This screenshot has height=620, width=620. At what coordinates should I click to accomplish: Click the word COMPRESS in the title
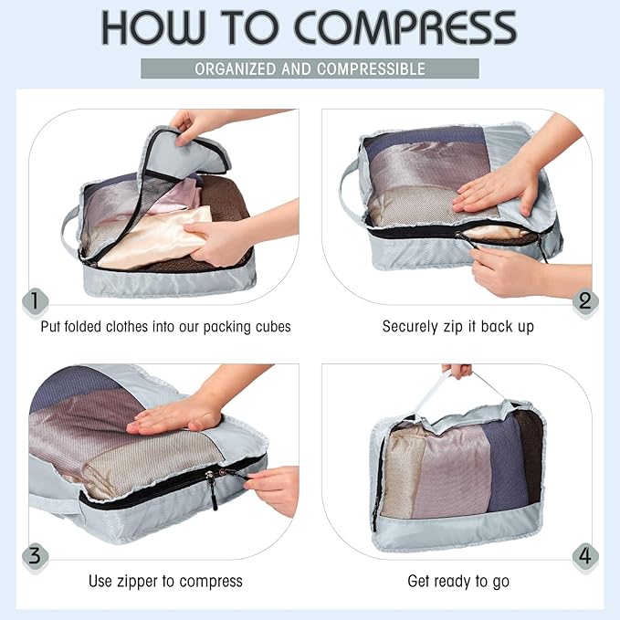pyautogui.click(x=405, y=28)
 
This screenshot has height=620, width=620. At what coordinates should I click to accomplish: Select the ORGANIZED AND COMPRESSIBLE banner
pyautogui.click(x=310, y=69)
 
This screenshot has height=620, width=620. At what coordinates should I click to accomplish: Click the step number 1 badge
pyautogui.click(x=35, y=301)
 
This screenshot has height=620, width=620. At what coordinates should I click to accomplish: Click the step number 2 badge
pyautogui.click(x=584, y=301)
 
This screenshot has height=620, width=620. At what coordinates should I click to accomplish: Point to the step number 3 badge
pyautogui.click(x=35, y=556)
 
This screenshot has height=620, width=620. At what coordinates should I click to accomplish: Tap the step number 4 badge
pyautogui.click(x=584, y=556)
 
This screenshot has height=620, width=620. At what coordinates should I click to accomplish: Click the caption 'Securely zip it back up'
pyautogui.click(x=457, y=327)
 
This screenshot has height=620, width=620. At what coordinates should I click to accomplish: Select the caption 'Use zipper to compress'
pyautogui.click(x=165, y=581)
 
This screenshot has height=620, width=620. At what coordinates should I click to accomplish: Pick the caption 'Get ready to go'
pyautogui.click(x=457, y=581)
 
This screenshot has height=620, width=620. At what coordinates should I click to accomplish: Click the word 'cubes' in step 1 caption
pyautogui.click(x=269, y=327)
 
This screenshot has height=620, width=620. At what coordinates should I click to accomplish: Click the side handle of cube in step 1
pyautogui.click(x=68, y=228)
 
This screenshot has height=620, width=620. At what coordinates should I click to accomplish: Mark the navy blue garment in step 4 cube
pyautogui.click(x=505, y=466)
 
